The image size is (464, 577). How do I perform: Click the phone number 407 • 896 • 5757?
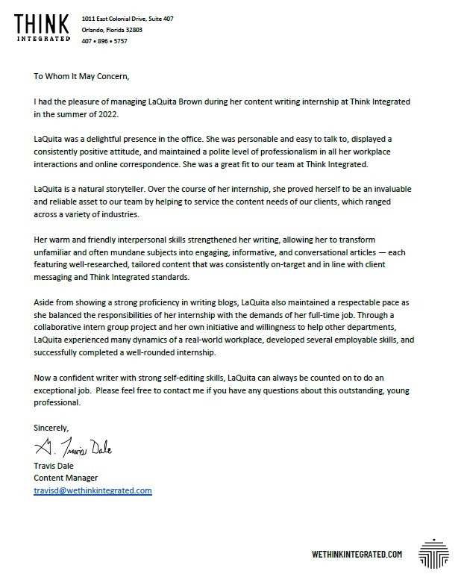point(106,42)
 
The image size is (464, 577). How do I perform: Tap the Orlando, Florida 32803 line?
point(113,29)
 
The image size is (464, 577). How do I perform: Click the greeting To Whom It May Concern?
point(86,75)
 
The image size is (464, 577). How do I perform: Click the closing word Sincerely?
point(51,428)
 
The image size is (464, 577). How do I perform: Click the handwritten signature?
point(74,448)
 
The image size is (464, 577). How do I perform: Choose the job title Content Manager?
point(66,478)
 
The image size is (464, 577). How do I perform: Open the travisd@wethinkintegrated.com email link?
point(93,490)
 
